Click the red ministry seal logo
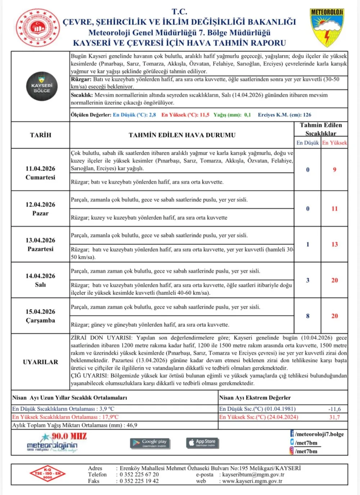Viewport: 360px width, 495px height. [38, 28]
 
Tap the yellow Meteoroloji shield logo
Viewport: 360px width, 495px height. [327, 28]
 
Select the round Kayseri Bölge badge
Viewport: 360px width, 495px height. [42, 86]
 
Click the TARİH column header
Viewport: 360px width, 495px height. [40, 135]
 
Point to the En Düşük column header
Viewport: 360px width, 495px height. [307, 143]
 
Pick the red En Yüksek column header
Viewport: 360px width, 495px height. [334, 143]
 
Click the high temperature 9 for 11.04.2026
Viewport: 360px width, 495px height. [334, 169]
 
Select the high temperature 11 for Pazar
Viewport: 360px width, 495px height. [334, 209]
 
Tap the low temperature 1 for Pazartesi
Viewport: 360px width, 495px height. [307, 244]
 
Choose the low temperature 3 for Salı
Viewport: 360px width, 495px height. [307, 280]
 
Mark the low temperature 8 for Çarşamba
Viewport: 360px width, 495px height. [307, 316]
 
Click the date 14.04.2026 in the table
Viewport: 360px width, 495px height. [40, 276]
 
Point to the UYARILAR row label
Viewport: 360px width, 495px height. [40, 362]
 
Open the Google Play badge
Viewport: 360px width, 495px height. [150, 443]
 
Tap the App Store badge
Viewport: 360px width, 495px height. [202, 443]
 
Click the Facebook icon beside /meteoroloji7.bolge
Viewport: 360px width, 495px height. [292, 434]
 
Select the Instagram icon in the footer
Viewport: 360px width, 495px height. [292, 451]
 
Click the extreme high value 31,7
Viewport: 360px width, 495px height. [334, 417]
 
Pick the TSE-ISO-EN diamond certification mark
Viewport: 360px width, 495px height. [48, 474]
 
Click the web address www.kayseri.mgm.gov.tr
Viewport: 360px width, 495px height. [252, 481]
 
